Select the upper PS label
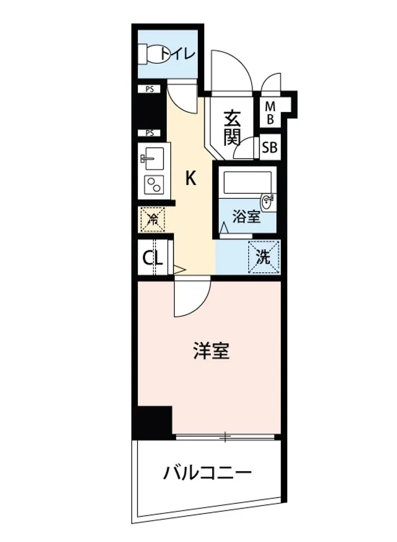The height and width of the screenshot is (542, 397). pos(149,89)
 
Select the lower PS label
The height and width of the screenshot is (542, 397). pos(149,133)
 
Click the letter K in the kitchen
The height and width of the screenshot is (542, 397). pos(191,179)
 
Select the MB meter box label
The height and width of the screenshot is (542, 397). pos(270,113)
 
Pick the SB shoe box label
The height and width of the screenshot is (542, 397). pos(270,147)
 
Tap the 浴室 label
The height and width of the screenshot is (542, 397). pos(246,217)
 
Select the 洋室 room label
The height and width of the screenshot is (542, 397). pos(211,351)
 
